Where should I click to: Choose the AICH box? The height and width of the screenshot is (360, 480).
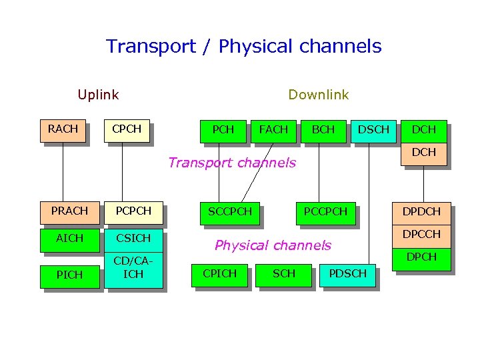pyautogui.click(x=69, y=239)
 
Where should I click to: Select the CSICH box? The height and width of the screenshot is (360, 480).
pyautogui.click(x=133, y=239)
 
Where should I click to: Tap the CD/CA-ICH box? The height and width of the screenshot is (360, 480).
pyautogui.click(x=133, y=269)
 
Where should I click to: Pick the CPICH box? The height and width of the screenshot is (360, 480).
pyautogui.click(x=219, y=274)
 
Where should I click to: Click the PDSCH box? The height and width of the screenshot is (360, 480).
pyautogui.click(x=347, y=274)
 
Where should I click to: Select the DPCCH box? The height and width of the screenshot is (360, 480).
pyautogui.click(x=421, y=234)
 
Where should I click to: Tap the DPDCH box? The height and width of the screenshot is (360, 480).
pyautogui.click(x=421, y=212)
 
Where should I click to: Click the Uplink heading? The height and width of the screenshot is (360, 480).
pyautogui.click(x=98, y=95)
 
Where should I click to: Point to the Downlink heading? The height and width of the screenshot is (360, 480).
pyautogui.click(x=318, y=95)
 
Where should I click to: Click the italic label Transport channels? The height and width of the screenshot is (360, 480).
pyautogui.click(x=232, y=163)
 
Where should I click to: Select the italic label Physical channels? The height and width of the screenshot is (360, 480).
pyautogui.click(x=273, y=245)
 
